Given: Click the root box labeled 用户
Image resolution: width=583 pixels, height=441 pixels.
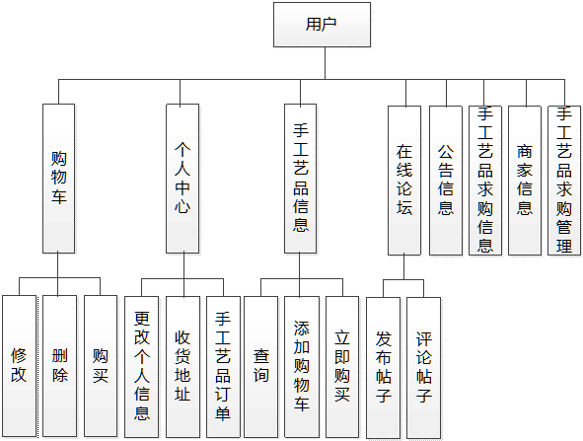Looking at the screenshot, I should [322, 25].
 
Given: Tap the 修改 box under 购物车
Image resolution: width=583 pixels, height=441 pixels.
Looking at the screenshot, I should [19, 365].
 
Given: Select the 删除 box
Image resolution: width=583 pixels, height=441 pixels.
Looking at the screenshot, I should [59, 365].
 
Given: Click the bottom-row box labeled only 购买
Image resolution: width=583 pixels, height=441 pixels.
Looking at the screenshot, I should [100, 365].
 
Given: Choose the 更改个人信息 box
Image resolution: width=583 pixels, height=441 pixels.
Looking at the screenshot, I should [142, 365].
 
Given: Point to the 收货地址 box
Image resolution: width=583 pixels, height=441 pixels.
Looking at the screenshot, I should [182, 365].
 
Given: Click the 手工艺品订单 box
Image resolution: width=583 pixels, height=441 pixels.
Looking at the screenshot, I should [223, 365].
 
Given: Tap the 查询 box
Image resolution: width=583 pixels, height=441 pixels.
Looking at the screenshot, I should [260, 365].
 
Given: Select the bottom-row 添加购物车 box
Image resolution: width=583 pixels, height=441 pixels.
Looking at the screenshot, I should [301, 365].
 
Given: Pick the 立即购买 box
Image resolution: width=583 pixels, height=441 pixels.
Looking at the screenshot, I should [341, 365].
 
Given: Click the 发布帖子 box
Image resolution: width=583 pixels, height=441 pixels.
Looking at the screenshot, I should [384, 365].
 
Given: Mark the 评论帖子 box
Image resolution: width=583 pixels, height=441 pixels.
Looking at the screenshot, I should [424, 365].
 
